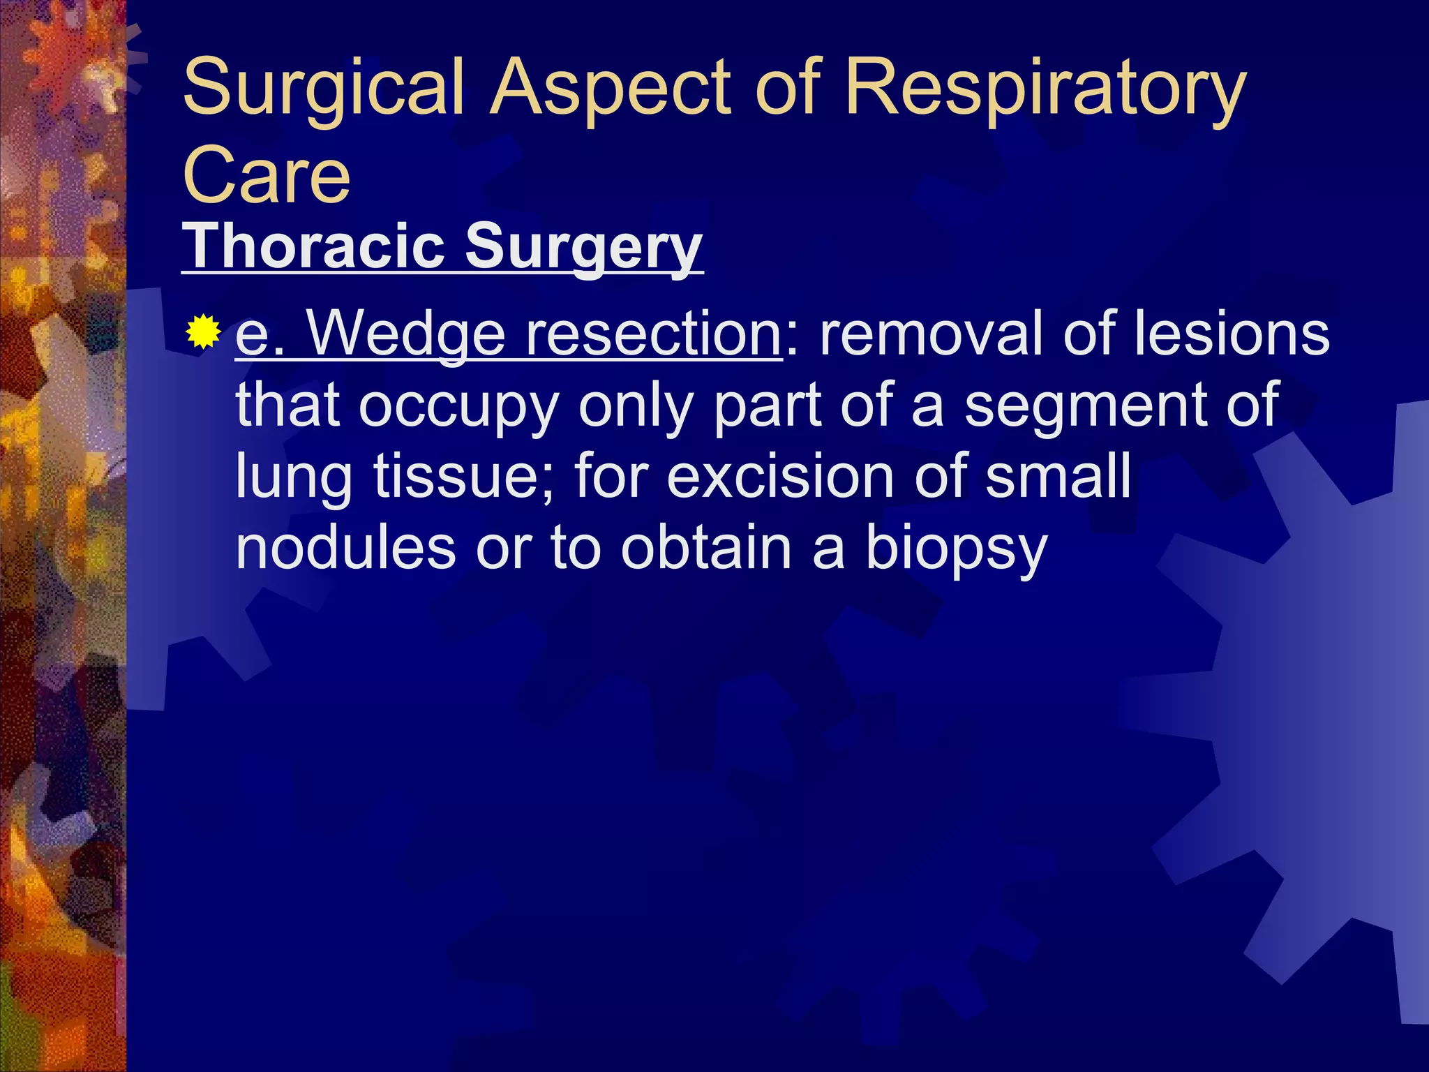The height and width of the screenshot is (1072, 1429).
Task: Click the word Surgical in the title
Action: point(323,89)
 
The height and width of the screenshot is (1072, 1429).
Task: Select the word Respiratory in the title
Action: point(1045,89)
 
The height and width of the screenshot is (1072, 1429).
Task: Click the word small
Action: point(1058,477)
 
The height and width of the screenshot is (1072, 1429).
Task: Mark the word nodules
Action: point(346,549)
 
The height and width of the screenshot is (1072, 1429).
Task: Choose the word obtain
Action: point(705,549)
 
